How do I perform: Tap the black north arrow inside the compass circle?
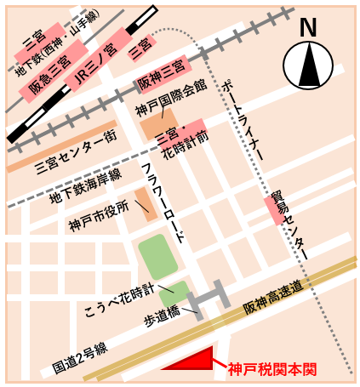coord(308,65)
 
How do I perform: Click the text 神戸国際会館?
coord(171,98)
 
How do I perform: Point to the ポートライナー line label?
coord(246,119)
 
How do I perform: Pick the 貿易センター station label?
coord(289,225)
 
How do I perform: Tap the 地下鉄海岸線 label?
coord(85,185)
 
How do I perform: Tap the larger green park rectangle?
coord(157,257)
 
